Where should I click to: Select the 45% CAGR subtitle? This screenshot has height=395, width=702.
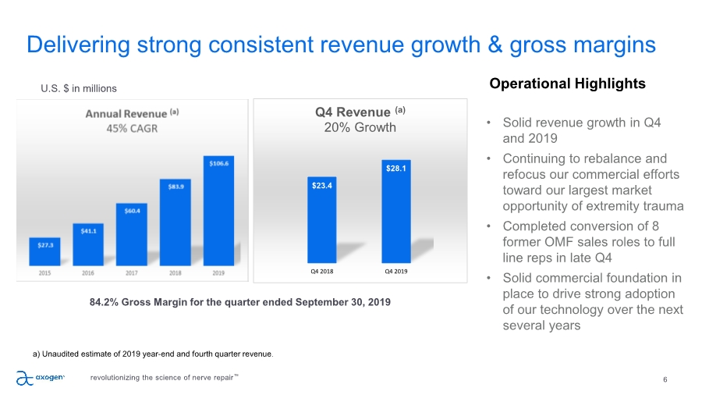(132, 128)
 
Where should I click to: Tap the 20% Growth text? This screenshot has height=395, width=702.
(360, 127)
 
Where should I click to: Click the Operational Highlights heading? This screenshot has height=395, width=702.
(567, 84)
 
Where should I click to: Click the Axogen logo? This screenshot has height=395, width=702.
(41, 378)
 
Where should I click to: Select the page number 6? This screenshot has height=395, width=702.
(665, 379)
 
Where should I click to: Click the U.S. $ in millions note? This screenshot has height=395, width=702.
(79, 88)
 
